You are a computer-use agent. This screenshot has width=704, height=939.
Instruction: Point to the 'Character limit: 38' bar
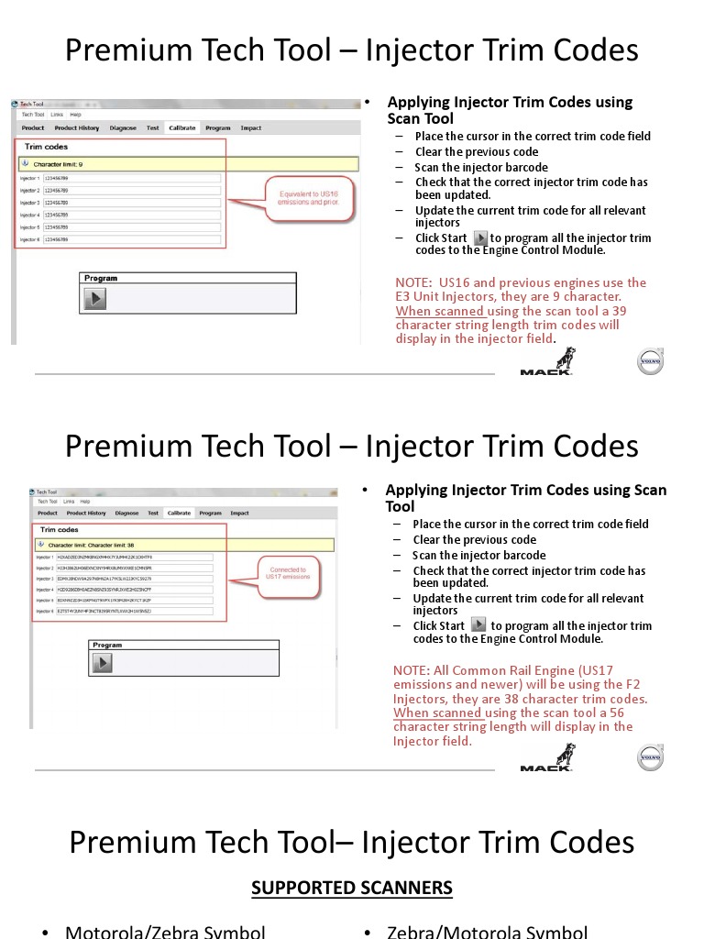[183, 545]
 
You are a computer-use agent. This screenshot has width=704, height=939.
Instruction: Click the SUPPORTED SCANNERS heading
[352, 888]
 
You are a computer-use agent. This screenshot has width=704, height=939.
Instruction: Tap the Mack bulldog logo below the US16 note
[548, 361]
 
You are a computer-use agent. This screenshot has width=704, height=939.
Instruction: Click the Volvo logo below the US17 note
[650, 757]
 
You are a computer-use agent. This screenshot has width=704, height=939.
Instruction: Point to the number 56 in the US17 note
[616, 713]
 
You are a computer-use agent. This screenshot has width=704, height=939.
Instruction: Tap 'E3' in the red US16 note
[405, 297]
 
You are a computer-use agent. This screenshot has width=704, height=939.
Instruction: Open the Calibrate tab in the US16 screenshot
[181, 128]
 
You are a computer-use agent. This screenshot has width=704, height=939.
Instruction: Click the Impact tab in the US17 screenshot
[239, 514]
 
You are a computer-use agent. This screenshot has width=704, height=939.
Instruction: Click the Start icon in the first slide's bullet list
[480, 238]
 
